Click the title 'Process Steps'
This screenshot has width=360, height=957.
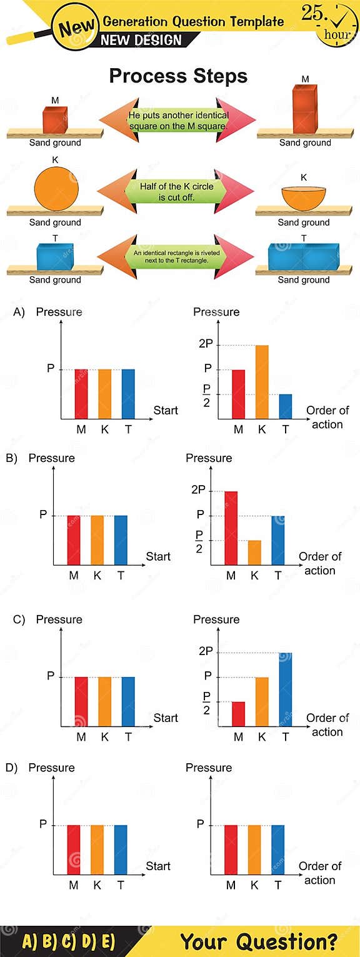point(178,76)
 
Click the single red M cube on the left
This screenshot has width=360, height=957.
point(54,119)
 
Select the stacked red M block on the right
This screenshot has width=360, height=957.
point(305,109)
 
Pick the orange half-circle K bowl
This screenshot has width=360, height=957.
point(304,198)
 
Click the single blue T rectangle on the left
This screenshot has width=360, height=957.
point(55,257)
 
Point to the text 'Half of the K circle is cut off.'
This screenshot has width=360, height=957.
point(176,192)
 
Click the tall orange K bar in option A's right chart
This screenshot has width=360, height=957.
point(262,381)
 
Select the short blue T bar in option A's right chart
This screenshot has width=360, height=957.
point(285,406)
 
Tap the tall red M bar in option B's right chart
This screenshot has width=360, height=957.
point(231,528)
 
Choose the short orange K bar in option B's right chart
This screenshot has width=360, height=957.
point(254,552)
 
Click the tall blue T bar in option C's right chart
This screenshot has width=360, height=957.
point(285,689)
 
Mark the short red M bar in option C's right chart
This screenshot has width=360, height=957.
point(238,714)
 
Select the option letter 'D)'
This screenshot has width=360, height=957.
point(11,768)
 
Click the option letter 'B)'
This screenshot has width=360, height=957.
point(11,458)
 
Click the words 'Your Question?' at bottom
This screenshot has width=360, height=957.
point(259,941)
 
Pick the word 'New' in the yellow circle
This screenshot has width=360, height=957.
point(77,27)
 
